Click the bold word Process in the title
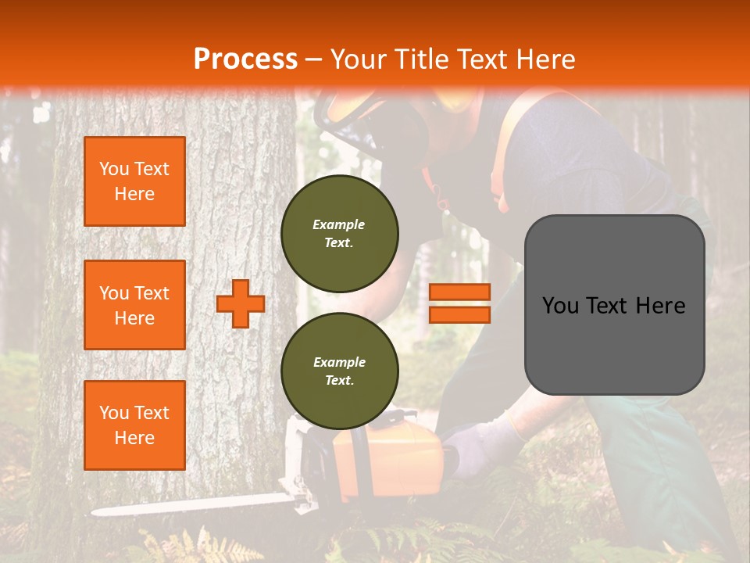[x=245, y=59]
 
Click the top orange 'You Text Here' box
[x=134, y=181]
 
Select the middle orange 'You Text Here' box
[x=134, y=305]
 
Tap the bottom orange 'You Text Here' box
[x=134, y=425]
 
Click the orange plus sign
[x=240, y=303]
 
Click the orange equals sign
[x=459, y=303]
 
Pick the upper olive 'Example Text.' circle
[x=339, y=234]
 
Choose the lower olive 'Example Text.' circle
[x=339, y=371]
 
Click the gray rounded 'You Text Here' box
[x=614, y=305]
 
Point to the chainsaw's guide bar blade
[x=195, y=504]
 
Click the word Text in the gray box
[x=613, y=306]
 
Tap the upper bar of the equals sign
[x=459, y=292]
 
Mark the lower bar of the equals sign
[x=459, y=315]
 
